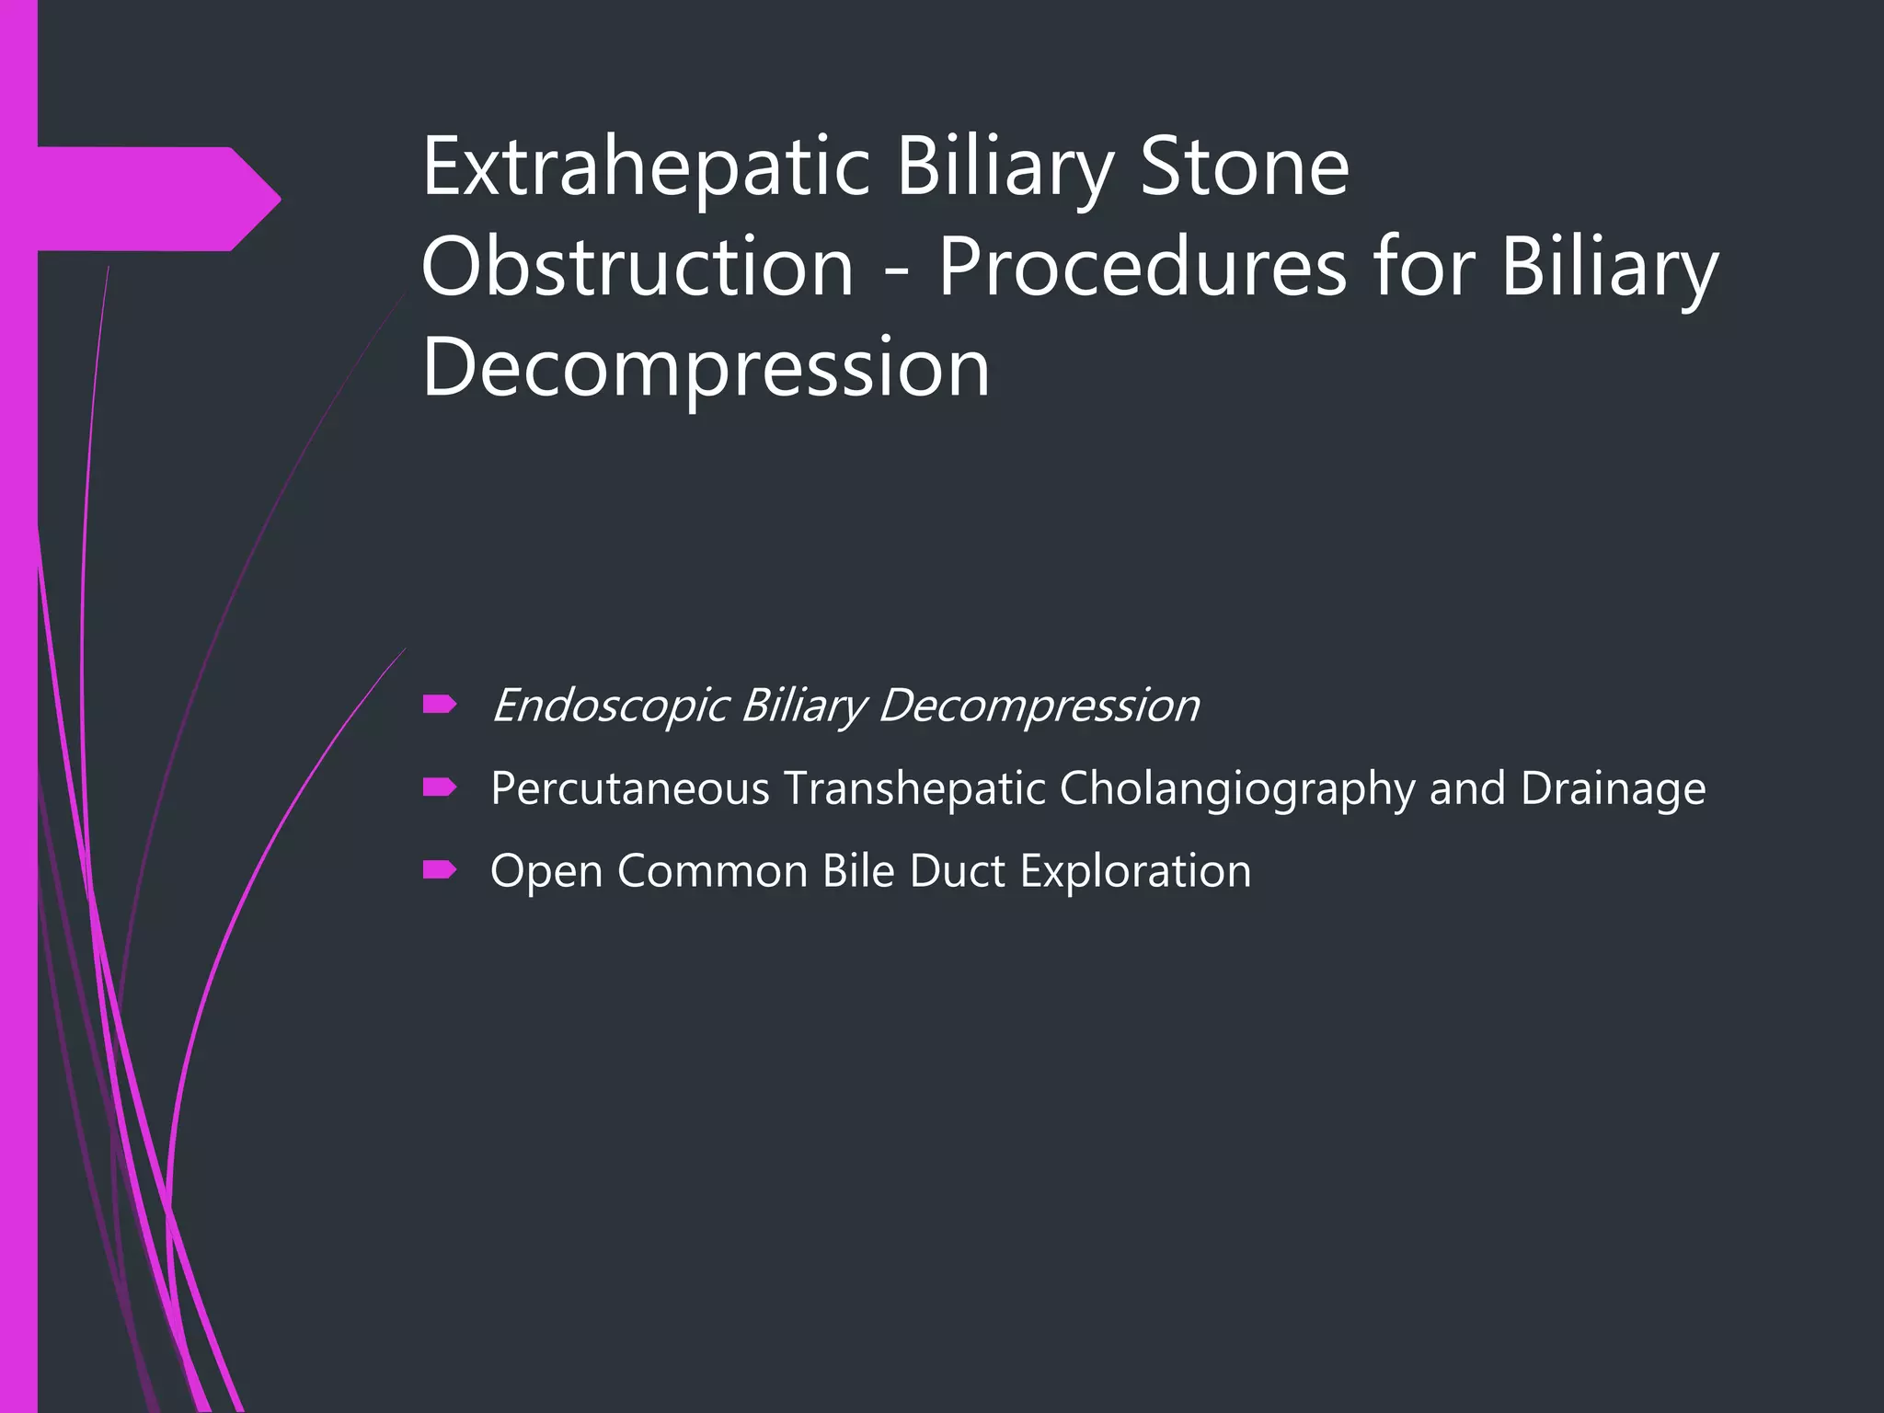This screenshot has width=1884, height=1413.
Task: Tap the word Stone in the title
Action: click(x=1244, y=167)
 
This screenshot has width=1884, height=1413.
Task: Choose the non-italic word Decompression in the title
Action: click(x=706, y=367)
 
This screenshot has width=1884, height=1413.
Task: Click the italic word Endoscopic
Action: click(x=610, y=706)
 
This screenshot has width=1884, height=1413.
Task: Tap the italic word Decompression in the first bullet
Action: click(x=1038, y=706)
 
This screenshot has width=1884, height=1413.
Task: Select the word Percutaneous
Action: click(x=630, y=788)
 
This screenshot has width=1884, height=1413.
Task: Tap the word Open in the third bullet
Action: click(x=546, y=872)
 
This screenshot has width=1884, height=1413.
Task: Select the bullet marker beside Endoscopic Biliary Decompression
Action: click(x=440, y=706)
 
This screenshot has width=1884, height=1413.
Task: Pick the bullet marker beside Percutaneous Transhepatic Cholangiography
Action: click(x=440, y=787)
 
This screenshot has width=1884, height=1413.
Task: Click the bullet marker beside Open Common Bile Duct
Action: click(x=440, y=870)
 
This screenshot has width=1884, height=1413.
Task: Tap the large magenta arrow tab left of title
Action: click(x=156, y=199)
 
